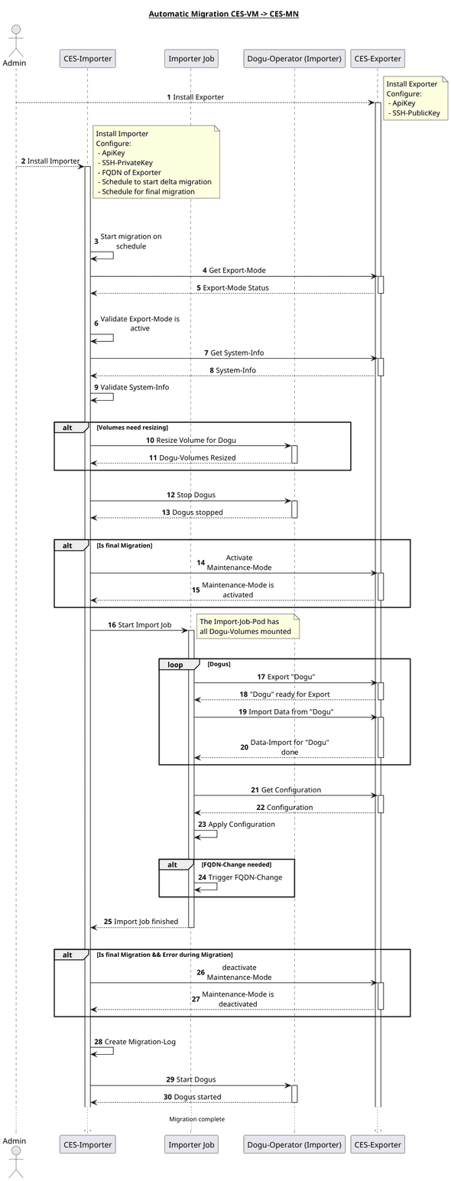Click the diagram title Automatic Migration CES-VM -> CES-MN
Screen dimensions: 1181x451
point(223,14)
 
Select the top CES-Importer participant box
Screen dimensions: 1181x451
point(87,58)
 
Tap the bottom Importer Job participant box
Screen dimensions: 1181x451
point(191,1144)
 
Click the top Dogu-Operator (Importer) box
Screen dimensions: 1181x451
point(294,58)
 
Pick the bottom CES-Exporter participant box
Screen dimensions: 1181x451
point(377,1144)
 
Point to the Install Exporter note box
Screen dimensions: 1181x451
point(414,99)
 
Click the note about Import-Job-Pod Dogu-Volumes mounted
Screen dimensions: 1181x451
point(247,626)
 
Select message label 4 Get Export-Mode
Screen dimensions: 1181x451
point(234,271)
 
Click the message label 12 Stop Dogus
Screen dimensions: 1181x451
point(191,496)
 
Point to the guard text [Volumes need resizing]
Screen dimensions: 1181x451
point(132,428)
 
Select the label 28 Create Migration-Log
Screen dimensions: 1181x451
point(135,1042)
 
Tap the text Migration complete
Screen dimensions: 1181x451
point(196,1119)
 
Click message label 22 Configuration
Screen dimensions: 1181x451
point(284,807)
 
